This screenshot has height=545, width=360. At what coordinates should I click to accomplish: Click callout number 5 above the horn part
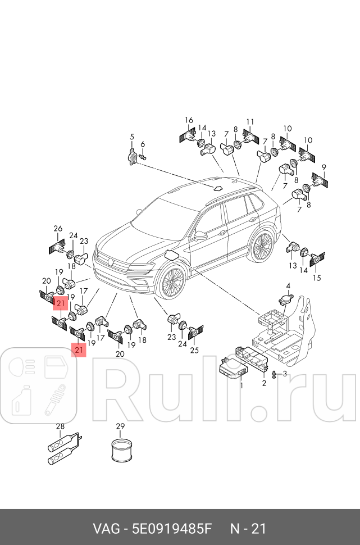131,137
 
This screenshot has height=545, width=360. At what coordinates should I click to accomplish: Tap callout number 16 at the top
189,120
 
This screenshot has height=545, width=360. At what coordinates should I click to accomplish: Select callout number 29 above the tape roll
120,426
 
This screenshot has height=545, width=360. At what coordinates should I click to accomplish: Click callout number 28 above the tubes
61,426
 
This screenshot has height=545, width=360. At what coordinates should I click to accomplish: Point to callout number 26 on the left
58,228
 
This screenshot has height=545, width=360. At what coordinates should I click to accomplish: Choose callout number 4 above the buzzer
288,286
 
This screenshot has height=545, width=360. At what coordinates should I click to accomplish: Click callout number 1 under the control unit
241,385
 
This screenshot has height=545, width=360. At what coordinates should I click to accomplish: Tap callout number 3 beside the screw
285,374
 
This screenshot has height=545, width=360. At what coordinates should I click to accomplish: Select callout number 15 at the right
317,278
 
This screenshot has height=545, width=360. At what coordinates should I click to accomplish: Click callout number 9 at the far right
324,167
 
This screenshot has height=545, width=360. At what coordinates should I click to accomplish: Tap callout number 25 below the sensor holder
194,350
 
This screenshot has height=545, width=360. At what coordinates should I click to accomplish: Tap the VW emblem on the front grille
110,260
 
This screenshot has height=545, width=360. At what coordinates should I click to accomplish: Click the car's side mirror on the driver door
200,235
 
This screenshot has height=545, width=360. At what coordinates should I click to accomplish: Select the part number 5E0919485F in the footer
172,529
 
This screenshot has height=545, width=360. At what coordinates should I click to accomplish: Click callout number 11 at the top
250,122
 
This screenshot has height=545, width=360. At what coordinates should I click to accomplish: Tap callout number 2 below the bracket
264,383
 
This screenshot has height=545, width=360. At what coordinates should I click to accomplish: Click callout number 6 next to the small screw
143,144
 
